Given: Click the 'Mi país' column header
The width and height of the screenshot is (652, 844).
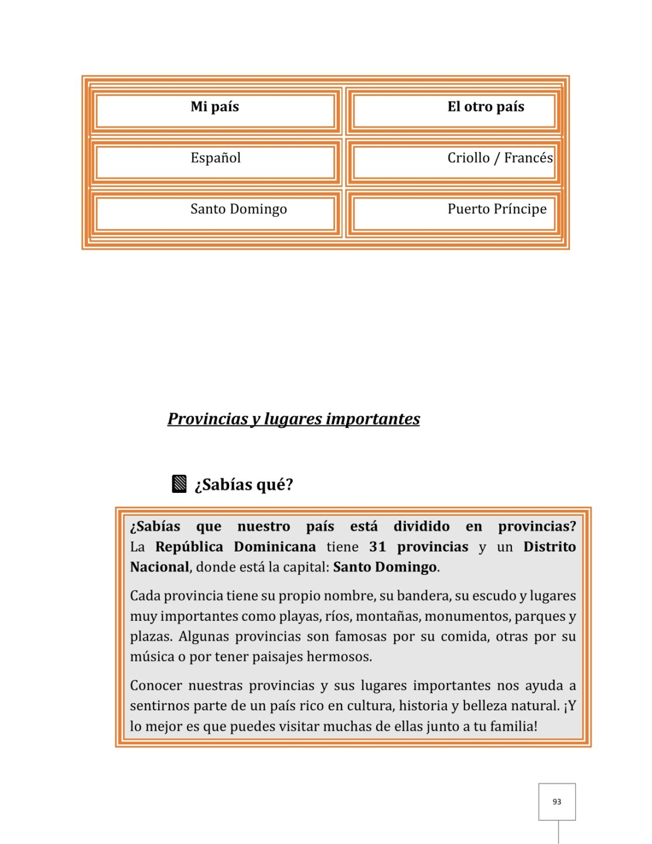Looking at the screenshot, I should coord(214,107).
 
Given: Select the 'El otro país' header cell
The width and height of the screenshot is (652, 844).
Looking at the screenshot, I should coord(486,107).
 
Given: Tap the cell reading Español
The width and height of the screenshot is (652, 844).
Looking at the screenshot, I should coord(215,158).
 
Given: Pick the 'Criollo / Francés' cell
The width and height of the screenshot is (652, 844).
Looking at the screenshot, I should coord(500,158).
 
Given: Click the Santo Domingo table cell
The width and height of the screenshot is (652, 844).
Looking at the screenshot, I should coord(238,209).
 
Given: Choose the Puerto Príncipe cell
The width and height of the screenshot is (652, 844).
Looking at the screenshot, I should coord(497,209).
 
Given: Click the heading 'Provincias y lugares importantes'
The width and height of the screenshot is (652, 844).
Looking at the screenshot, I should coord(293,419).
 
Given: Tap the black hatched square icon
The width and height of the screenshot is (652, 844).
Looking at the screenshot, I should coord(179,484).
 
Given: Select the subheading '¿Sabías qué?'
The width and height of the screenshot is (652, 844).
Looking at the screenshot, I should coord(244,485).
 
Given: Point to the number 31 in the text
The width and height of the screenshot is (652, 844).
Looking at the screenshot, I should coord(377,547).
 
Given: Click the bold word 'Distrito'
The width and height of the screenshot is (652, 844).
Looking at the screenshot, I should coord(549,547).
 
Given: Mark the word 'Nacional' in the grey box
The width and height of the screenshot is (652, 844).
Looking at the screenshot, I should coord(159,567).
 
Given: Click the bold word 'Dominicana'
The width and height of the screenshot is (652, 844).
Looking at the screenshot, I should coord(275,547).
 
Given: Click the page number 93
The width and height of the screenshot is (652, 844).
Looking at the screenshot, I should coord(557,802).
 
